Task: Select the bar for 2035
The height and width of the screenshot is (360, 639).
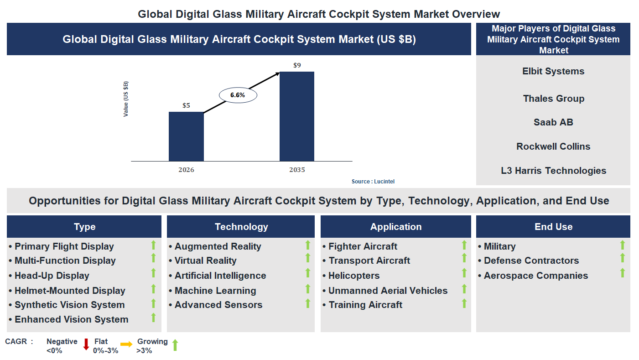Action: [296, 116]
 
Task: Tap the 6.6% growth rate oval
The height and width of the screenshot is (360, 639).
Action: [238, 95]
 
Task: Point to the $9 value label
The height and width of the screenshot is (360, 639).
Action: [297, 65]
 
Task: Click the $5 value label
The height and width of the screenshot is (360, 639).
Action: [186, 105]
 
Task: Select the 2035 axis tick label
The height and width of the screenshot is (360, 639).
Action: [297, 170]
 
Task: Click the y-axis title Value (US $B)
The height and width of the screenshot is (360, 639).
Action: [126, 99]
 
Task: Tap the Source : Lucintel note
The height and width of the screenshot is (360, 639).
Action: [373, 182]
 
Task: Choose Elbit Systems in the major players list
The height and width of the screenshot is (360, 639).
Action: [553, 71]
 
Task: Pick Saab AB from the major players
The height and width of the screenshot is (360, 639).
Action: [553, 122]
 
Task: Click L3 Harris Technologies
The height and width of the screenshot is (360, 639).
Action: [553, 171]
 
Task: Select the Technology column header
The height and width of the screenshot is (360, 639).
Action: [241, 227]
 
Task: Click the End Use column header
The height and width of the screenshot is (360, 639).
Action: [553, 227]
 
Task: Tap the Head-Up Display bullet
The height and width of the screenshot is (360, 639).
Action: [52, 276]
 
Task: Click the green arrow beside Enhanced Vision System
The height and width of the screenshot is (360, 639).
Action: [154, 318]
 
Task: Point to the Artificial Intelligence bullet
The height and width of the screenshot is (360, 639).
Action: [220, 276]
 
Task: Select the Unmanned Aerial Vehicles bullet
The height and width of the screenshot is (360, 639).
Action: [388, 291]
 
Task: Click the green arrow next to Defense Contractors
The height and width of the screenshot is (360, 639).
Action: [622, 258]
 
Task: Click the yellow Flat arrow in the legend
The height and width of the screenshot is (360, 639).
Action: [126, 344]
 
